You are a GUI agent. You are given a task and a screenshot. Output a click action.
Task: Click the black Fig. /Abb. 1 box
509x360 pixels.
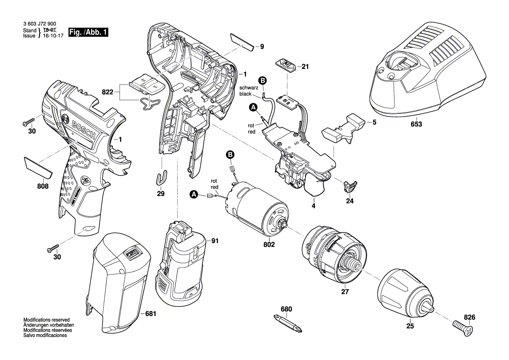tap(89, 33)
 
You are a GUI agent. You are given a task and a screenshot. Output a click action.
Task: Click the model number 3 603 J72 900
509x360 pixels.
tap(39, 24)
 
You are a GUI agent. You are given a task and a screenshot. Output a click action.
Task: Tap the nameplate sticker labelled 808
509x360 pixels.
tap(38, 168)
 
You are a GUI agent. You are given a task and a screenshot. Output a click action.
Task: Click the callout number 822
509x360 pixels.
tap(107, 92)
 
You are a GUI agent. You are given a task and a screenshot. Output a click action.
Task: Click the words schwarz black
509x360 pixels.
tap(249, 90)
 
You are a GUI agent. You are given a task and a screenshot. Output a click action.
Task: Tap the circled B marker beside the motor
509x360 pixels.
tap(230, 155)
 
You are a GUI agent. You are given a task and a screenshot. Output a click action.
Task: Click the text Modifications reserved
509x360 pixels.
tap(46, 320)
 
